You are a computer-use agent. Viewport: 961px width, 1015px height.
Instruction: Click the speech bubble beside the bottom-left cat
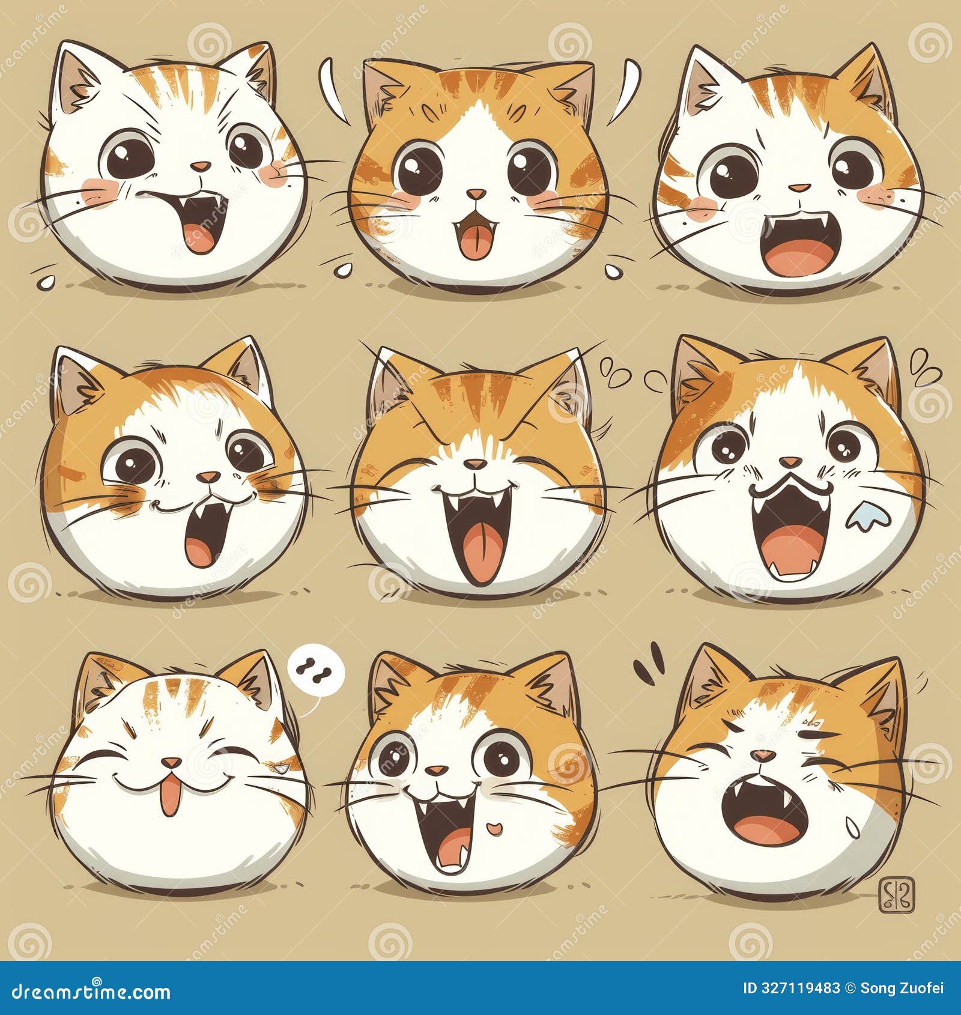[x=316, y=669]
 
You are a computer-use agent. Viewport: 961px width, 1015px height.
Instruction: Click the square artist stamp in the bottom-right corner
[x=897, y=894]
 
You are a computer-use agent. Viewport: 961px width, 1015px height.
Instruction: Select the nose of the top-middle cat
[x=476, y=194]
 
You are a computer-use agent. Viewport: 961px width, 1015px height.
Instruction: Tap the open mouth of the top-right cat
[x=799, y=246]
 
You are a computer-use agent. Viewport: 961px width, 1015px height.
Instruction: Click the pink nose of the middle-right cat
[x=790, y=462]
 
